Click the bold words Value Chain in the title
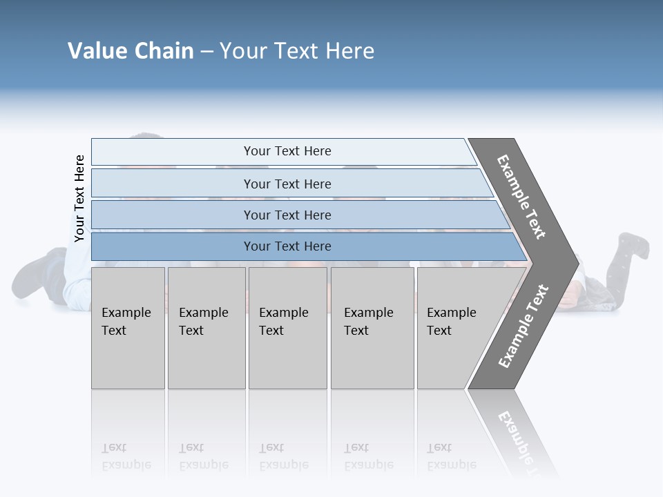pyautogui.click(x=131, y=51)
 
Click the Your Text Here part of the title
pyautogui.click(x=297, y=51)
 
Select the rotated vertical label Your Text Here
pyautogui.click(x=79, y=199)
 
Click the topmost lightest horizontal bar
pyautogui.click(x=173, y=152)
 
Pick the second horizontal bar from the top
pyautogui.click(x=173, y=184)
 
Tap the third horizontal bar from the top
pyautogui.click(x=173, y=215)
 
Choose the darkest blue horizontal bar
pyautogui.click(x=173, y=246)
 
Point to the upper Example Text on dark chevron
pyautogui.click(x=521, y=197)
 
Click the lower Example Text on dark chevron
pyautogui.click(x=523, y=326)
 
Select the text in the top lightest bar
pyautogui.click(x=287, y=151)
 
